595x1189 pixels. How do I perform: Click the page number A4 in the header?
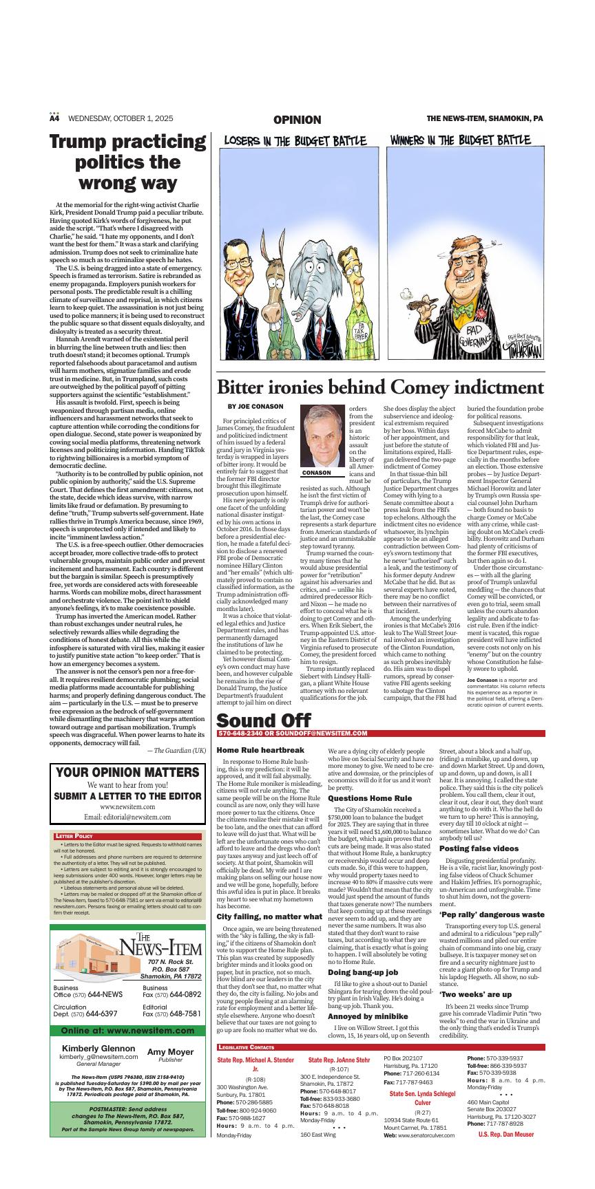(x=54, y=118)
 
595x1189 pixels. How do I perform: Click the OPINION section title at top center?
(x=297, y=120)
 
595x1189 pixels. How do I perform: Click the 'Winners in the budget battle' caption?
(x=460, y=140)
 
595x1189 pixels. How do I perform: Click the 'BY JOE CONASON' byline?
(x=255, y=407)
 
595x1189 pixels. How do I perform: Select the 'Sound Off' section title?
(x=263, y=720)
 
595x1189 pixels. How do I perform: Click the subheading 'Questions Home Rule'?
(x=370, y=798)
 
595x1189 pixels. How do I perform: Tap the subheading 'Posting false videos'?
(x=479, y=848)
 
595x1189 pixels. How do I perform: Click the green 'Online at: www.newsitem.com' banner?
(x=127, y=1031)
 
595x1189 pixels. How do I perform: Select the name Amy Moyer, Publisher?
(x=170, y=1053)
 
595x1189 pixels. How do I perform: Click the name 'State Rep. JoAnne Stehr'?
(x=339, y=1060)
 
